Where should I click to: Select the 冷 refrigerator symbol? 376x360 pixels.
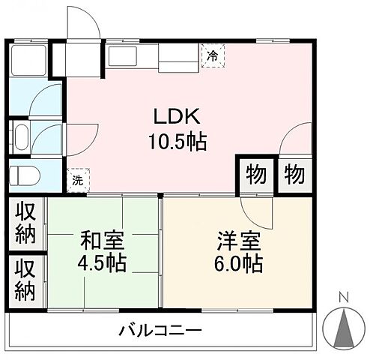(213, 55)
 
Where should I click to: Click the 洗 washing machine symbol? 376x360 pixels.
(77, 180)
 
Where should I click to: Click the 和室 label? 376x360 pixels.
(103, 241)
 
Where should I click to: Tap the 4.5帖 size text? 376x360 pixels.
(103, 264)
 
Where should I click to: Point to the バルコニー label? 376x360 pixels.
(160, 329)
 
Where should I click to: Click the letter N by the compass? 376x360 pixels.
(344, 295)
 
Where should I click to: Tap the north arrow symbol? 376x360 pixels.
(344, 325)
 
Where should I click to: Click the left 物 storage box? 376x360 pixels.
(256, 175)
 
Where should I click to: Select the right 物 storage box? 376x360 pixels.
(294, 175)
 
